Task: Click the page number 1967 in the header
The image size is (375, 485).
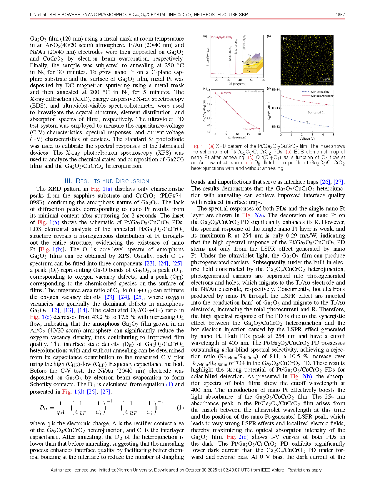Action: pos(340,14)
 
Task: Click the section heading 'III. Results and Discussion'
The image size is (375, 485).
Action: pos(107,181)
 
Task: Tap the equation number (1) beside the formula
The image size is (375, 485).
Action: pos(180,408)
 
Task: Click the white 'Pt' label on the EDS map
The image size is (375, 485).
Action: pos(285,39)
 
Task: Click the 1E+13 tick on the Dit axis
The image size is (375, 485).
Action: pos(276,108)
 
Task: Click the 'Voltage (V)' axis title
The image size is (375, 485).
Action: pos(307,138)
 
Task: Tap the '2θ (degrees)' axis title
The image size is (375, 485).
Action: pos(237,84)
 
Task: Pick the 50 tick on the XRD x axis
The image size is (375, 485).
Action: pos(251,80)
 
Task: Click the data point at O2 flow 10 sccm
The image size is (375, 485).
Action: pos(237,113)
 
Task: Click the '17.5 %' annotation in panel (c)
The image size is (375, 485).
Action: pos(247,129)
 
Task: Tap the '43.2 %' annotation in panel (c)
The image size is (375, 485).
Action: pos(227,93)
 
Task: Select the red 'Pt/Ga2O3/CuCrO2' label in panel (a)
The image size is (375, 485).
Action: pos(221,37)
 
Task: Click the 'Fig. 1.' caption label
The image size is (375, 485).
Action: pos(198,146)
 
